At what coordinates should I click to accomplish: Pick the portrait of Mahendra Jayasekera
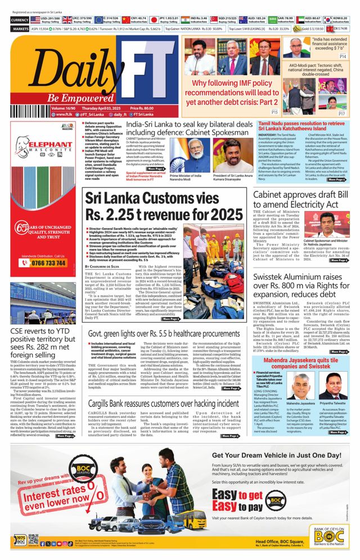coord(302,388)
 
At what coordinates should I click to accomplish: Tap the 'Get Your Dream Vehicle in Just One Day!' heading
coord(274,456)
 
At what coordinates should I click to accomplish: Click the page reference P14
coord(342,57)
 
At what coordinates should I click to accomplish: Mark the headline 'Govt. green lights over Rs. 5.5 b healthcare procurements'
coord(163,333)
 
